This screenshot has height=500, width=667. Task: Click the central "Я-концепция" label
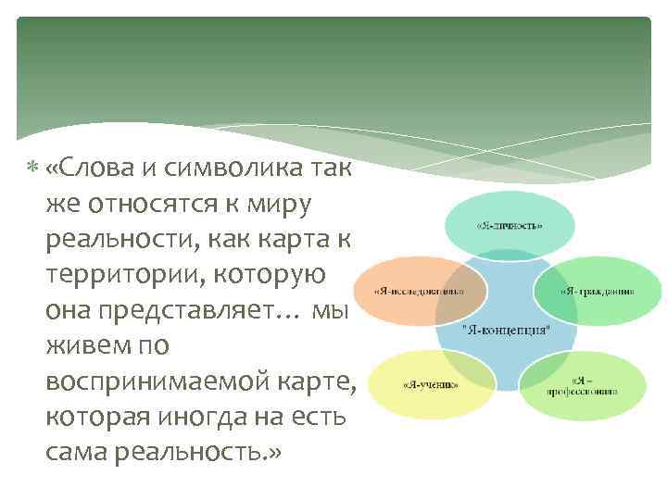506,329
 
